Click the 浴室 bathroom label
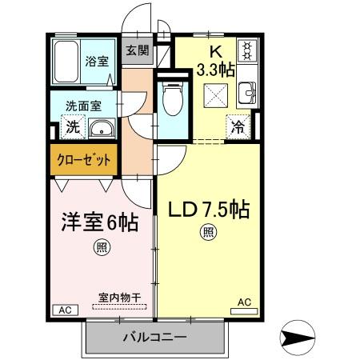(x=98, y=61)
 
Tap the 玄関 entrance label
(x=137, y=50)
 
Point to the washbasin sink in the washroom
(x=101, y=129)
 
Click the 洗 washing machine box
(x=72, y=126)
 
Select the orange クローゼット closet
(x=83, y=159)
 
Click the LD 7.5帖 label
(x=208, y=210)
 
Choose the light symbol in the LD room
(x=207, y=233)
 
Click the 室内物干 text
(x=119, y=297)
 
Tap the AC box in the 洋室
(x=65, y=310)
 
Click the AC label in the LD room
(x=244, y=302)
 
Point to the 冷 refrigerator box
(x=238, y=125)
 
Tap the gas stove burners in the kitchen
(x=247, y=51)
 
